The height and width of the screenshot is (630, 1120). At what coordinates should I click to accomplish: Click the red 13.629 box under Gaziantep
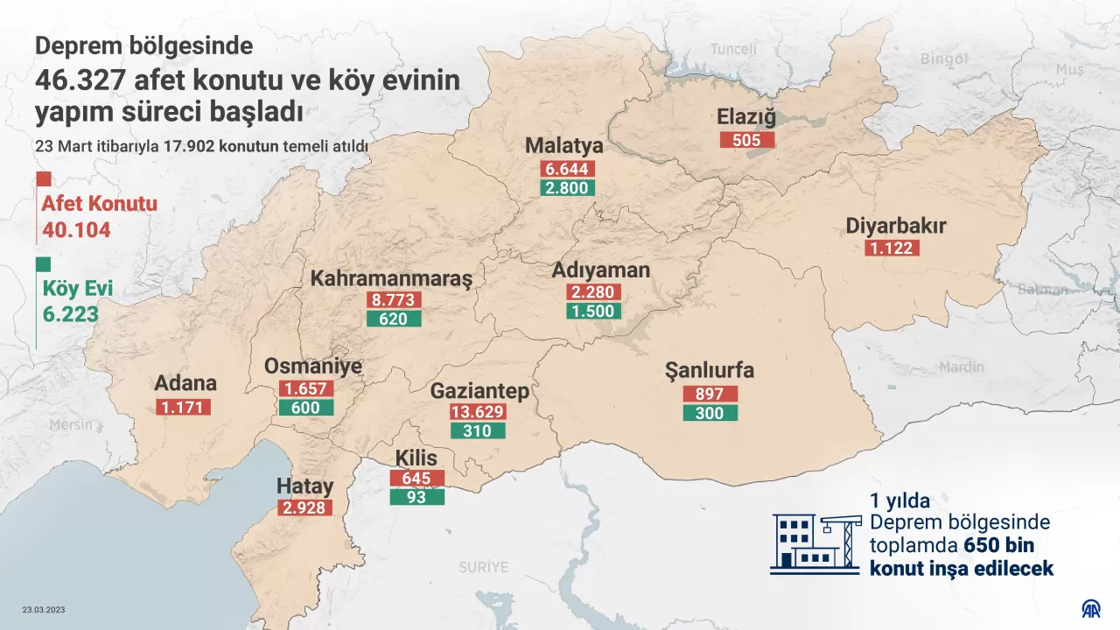[478, 411]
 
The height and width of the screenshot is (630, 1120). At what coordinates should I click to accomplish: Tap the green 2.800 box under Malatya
[568, 187]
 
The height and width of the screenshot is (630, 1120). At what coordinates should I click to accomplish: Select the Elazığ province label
[746, 117]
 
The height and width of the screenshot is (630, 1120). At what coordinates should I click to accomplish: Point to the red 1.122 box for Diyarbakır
[892, 248]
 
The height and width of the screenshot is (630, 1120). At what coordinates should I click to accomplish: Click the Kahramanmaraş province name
[391, 279]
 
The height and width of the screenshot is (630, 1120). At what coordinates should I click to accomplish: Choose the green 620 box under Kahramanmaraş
[394, 318]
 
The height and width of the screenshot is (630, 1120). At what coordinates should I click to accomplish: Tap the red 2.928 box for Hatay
[305, 507]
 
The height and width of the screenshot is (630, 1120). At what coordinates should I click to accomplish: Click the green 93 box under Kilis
[417, 497]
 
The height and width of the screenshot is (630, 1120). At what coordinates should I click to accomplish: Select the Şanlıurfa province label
[710, 371]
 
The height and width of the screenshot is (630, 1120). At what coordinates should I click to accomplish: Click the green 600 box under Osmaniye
[305, 407]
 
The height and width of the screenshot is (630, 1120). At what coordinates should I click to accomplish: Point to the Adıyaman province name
[600, 270]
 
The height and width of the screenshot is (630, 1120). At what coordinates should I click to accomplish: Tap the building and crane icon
[814, 542]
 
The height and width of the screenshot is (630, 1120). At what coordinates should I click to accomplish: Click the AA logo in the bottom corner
[1090, 608]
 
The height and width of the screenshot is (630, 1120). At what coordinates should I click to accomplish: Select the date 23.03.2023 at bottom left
[44, 610]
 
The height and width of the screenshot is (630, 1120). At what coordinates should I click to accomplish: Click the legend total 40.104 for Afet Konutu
[76, 231]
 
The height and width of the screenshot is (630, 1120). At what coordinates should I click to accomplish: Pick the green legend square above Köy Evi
[43, 264]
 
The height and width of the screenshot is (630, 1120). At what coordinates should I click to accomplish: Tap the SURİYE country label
[483, 567]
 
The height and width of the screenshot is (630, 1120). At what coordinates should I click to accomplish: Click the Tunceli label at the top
[733, 49]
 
